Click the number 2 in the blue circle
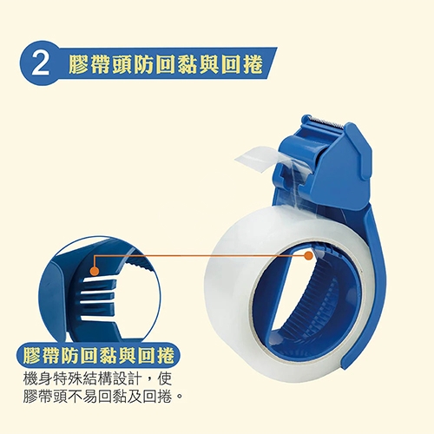pos(40,64)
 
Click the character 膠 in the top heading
pos(79,63)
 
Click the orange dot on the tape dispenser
pos(309,255)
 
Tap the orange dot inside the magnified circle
pos(95,272)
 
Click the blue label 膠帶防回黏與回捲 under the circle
pos(98,356)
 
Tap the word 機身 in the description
pos(38,379)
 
